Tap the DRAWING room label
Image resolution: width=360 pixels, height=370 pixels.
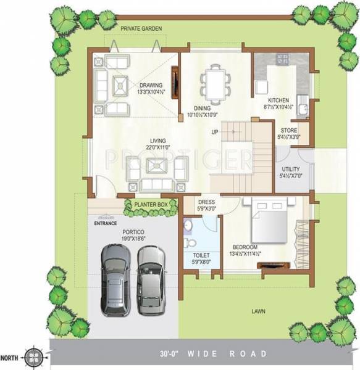[151, 85]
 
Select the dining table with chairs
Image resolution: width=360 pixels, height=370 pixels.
[215, 84]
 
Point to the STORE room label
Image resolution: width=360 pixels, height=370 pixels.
[289, 131]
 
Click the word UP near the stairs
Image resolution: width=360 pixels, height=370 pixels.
[215, 132]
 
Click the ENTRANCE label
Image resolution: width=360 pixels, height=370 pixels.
[106, 224]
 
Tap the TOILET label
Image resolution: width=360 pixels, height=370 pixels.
[201, 255]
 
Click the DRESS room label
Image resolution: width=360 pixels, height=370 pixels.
[206, 202]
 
